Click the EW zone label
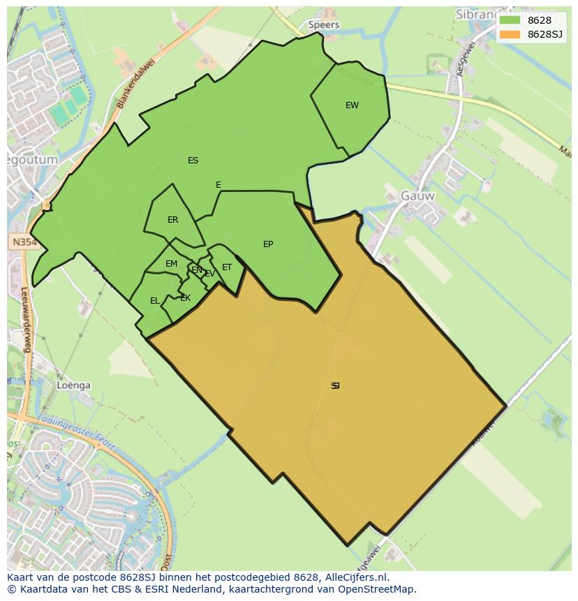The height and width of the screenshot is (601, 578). (x=352, y=105)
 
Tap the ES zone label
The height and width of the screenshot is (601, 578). (x=193, y=161)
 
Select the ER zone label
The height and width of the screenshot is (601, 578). (x=172, y=220)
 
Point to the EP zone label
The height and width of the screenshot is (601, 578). (x=268, y=244)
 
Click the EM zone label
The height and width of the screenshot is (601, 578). (x=171, y=264)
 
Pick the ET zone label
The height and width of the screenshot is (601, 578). (x=227, y=267)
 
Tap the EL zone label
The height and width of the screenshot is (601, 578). (x=154, y=301)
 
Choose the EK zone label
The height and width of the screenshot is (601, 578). (x=185, y=298)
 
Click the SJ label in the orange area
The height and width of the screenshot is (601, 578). (x=335, y=385)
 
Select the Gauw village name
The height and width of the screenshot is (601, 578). (x=417, y=196)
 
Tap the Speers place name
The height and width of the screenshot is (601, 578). (x=324, y=25)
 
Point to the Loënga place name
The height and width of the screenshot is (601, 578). (x=73, y=385)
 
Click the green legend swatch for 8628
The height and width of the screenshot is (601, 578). (x=510, y=20)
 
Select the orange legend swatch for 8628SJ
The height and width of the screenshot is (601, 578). (x=510, y=34)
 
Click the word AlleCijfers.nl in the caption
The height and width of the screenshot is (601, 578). (x=356, y=577)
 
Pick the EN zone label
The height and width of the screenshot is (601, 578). (x=197, y=270)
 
